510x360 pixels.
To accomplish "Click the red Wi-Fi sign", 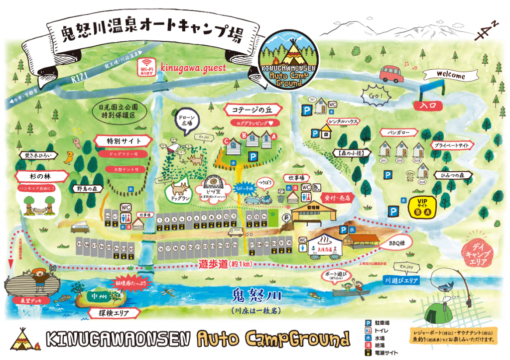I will [x=147, y=67].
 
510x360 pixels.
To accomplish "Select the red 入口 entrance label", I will [x=428, y=106].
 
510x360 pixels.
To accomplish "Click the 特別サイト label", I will [x=121, y=141].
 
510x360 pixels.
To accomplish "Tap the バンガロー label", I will [x=397, y=132].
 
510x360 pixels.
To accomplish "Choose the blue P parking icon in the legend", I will [x=369, y=322].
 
